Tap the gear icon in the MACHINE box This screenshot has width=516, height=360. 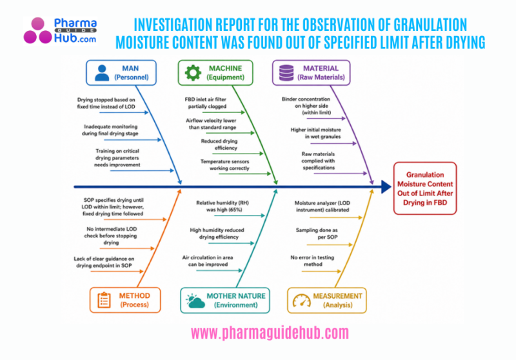(x=193, y=73)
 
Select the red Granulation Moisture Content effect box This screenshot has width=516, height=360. (x=424, y=187)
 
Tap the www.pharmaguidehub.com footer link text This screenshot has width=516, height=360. (x=270, y=333)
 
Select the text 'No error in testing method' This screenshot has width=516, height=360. (x=315, y=261)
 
